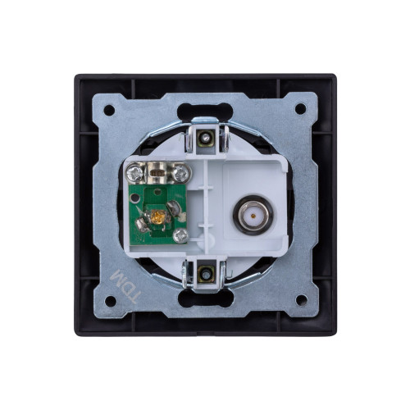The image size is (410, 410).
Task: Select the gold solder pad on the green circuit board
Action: point(158,217)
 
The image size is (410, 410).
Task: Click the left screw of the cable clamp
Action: point(135,173)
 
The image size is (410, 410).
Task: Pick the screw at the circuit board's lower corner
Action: point(181,235)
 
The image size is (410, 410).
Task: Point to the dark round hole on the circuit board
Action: point(134,198)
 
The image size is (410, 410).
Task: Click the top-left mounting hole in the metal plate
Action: point(109,110)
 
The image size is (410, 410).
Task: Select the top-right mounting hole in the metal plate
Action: point(300,109)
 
